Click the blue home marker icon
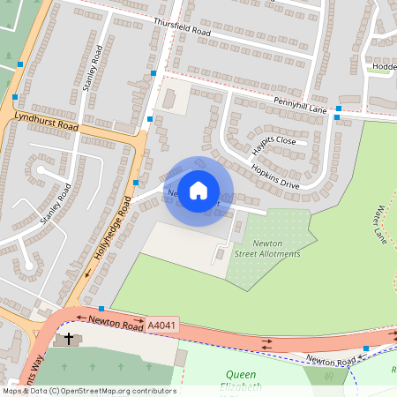(x=198, y=190)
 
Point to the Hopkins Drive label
(x=275, y=173)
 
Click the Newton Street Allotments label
(x=267, y=248)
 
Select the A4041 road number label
(x=161, y=326)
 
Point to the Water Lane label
(x=381, y=225)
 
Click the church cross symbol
(x=66, y=339)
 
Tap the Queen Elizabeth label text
(x=241, y=380)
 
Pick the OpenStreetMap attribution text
(x=88, y=391)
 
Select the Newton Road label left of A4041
(x=115, y=324)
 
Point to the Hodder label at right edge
(x=384, y=65)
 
